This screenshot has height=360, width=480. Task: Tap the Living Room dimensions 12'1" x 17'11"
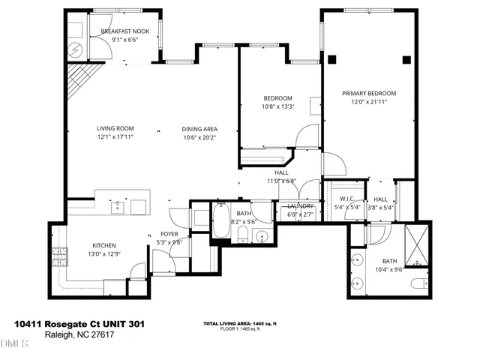click(x=115, y=137)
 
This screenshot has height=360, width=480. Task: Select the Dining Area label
click(x=199, y=129)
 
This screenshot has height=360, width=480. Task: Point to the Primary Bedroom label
click(x=369, y=93)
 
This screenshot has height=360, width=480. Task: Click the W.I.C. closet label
click(x=346, y=199)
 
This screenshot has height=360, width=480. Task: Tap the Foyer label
click(x=169, y=234)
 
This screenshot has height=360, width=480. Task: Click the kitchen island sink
click(x=118, y=206)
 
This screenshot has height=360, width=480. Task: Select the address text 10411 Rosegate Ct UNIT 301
click(x=79, y=324)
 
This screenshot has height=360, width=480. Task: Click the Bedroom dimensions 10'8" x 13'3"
click(x=277, y=106)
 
